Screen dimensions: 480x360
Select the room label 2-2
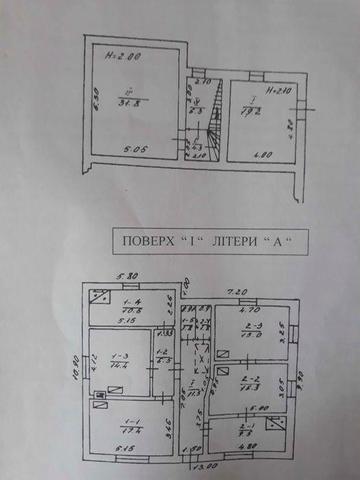tap(251, 381)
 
